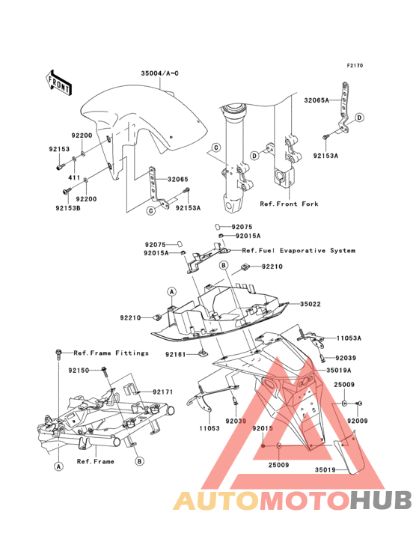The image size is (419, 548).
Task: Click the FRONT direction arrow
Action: [59, 83]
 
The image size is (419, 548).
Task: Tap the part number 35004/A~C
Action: [160, 73]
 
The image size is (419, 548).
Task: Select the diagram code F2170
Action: [355, 65]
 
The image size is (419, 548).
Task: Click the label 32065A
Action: [316, 100]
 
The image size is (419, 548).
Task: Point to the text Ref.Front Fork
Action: [289, 204]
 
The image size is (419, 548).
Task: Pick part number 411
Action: [74, 178]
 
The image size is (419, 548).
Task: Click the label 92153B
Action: [68, 208]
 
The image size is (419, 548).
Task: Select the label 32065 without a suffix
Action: [178, 179]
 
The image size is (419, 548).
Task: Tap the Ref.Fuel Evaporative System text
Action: [299, 251]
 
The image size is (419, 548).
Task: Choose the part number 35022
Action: [311, 304]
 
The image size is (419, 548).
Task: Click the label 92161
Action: [176, 355]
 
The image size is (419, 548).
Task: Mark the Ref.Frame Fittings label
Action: [111, 353]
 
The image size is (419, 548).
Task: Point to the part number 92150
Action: [79, 370]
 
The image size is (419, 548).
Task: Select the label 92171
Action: [162, 392]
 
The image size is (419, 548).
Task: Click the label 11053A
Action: [349, 338]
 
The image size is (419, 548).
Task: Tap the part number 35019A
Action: [339, 370]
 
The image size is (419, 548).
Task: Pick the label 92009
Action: [358, 421]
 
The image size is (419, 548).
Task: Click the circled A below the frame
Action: [58, 466]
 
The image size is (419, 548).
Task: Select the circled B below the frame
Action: [139, 461]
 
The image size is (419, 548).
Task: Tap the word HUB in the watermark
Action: [381, 500]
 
